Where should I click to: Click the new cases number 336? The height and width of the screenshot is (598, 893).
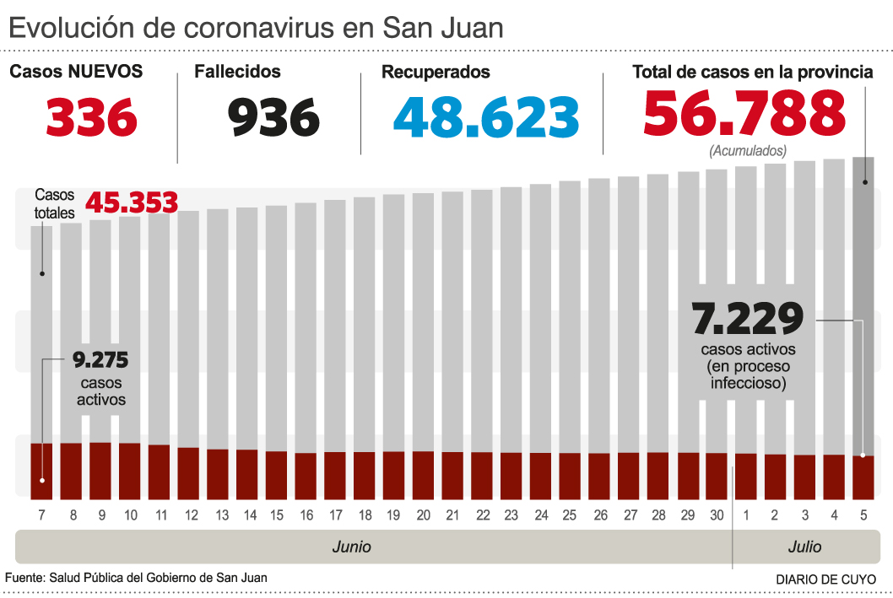point(91,117)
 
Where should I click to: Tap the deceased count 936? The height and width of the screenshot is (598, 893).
point(274,117)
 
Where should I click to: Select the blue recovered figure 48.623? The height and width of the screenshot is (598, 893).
point(486,117)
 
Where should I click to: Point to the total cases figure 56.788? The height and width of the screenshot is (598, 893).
point(744,114)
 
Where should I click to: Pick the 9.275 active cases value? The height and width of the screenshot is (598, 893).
point(100,361)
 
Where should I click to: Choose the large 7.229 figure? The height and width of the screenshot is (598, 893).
point(747,320)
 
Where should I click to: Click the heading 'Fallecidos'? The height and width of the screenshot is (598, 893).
point(237,72)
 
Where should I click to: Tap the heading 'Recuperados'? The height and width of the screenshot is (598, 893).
point(436,73)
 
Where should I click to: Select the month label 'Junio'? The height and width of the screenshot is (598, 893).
point(351,547)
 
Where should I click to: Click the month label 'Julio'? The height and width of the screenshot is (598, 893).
point(804,547)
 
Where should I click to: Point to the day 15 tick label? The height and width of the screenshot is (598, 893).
point(277,514)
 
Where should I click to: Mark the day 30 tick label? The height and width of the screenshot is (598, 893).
point(716,514)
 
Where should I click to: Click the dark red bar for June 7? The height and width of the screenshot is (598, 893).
point(42,470)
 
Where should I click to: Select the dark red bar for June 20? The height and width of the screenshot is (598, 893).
point(423,474)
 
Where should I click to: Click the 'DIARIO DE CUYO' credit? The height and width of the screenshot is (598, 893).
point(825,579)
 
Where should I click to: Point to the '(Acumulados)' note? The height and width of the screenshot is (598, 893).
point(748,151)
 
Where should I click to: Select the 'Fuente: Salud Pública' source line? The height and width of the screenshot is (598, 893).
point(136,578)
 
